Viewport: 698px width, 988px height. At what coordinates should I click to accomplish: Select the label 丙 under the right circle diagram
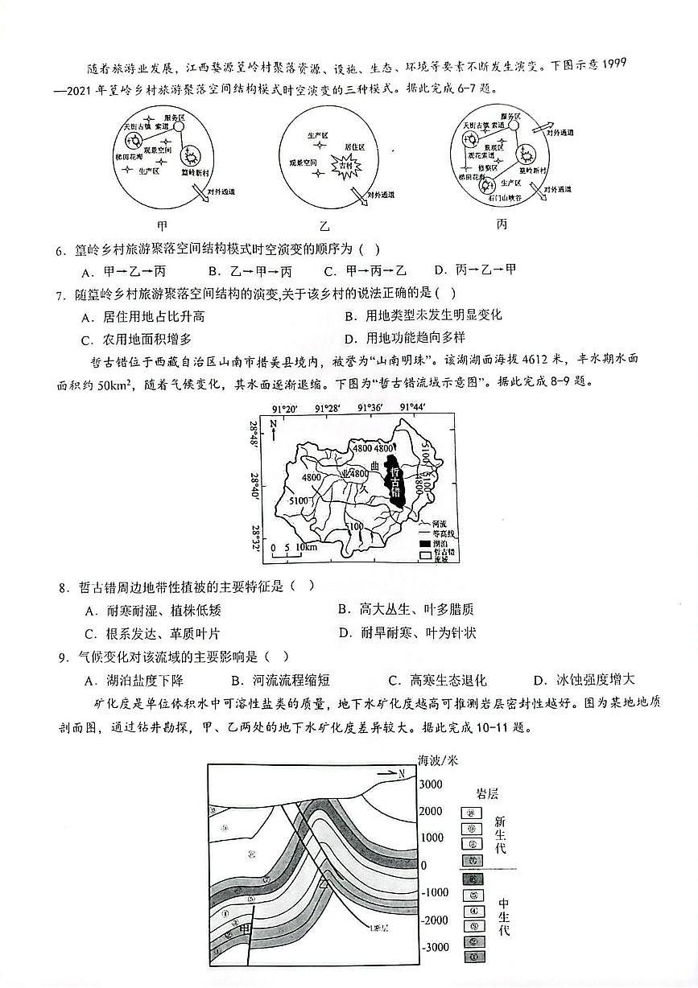point(502,224)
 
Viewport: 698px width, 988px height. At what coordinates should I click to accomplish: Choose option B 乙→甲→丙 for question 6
point(249,271)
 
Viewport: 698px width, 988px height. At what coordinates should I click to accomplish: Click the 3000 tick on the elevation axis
point(433,784)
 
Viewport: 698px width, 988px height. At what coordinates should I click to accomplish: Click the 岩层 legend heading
point(488,794)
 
